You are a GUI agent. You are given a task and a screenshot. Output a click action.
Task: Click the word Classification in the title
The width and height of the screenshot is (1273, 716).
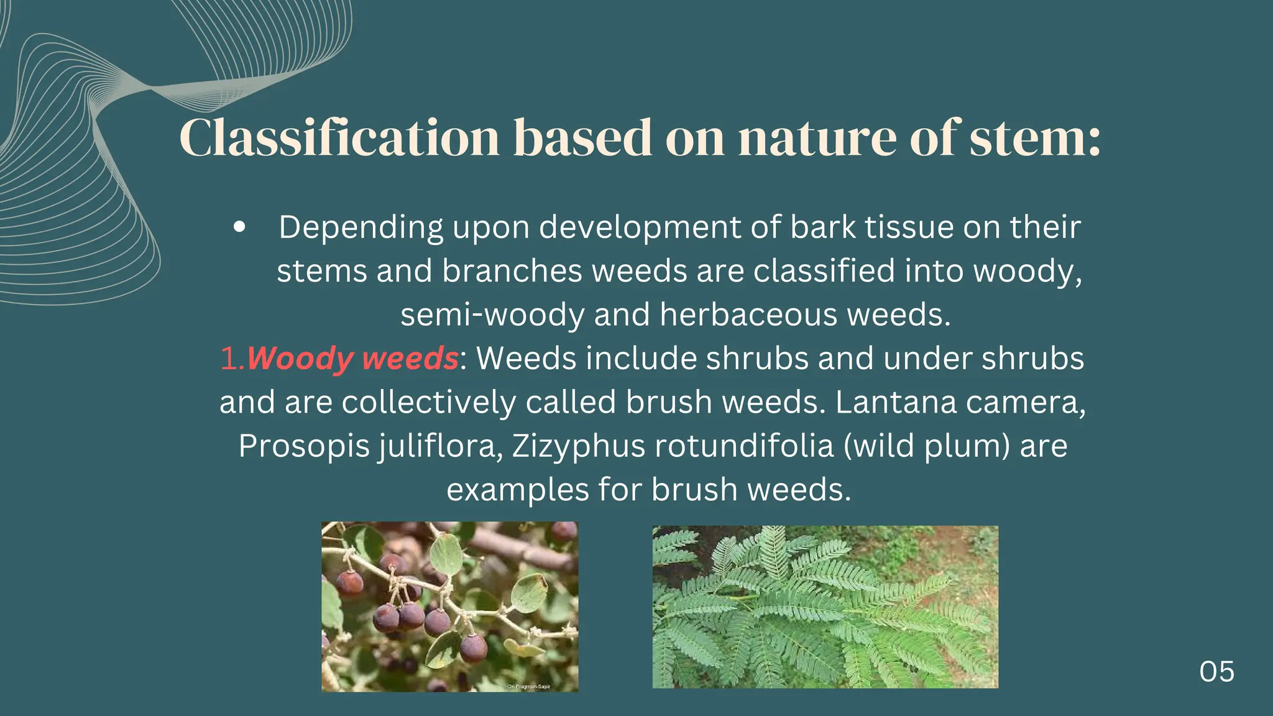click(339, 137)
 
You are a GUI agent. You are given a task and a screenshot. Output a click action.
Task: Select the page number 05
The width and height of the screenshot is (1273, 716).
click(1216, 672)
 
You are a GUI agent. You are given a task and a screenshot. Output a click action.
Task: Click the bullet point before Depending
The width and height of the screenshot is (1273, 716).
click(239, 227)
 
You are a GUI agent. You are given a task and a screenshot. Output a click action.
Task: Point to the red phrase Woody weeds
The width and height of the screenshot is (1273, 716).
click(352, 359)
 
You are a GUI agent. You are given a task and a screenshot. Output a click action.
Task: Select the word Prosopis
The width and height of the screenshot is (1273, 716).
click(304, 446)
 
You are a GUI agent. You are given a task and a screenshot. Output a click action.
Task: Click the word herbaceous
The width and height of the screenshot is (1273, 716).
click(748, 314)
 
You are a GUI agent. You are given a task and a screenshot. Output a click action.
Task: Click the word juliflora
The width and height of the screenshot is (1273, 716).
click(440, 446)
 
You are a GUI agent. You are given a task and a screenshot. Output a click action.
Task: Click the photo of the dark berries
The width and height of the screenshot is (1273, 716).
click(449, 606)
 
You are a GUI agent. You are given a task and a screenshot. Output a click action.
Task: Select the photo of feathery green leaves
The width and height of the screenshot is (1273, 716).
click(825, 607)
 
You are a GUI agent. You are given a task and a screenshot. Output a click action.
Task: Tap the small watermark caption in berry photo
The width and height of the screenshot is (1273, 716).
click(528, 686)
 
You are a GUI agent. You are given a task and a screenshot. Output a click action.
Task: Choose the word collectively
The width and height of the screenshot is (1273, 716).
click(429, 402)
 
